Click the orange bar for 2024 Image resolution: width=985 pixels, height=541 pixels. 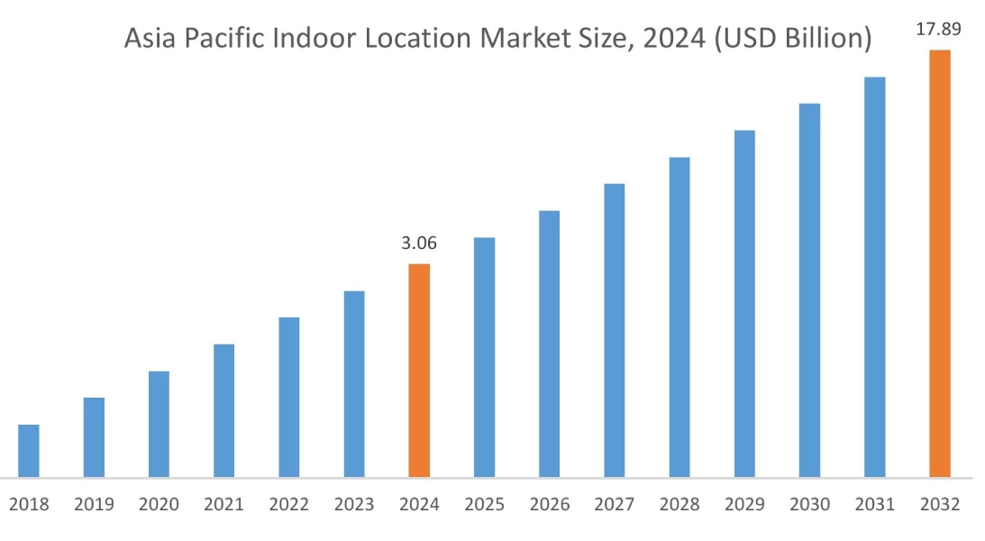point(419,370)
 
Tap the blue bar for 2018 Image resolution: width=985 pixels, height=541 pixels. point(29,450)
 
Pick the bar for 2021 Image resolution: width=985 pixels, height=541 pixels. point(223,410)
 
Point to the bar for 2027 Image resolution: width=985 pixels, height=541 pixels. point(614,330)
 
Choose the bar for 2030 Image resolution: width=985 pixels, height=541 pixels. point(809,289)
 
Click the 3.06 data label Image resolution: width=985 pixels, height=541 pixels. point(419,243)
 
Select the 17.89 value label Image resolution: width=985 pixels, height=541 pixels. point(938,29)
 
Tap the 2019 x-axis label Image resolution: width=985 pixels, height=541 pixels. point(94,505)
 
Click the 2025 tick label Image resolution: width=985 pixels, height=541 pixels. point(484,505)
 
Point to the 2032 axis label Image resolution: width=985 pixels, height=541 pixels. point(940,505)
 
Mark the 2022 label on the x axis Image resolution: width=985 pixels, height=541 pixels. point(288,505)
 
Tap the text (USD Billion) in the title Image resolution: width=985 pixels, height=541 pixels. point(792,40)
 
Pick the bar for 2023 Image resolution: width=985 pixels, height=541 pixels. point(354,383)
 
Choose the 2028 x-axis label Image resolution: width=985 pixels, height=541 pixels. point(679,505)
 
